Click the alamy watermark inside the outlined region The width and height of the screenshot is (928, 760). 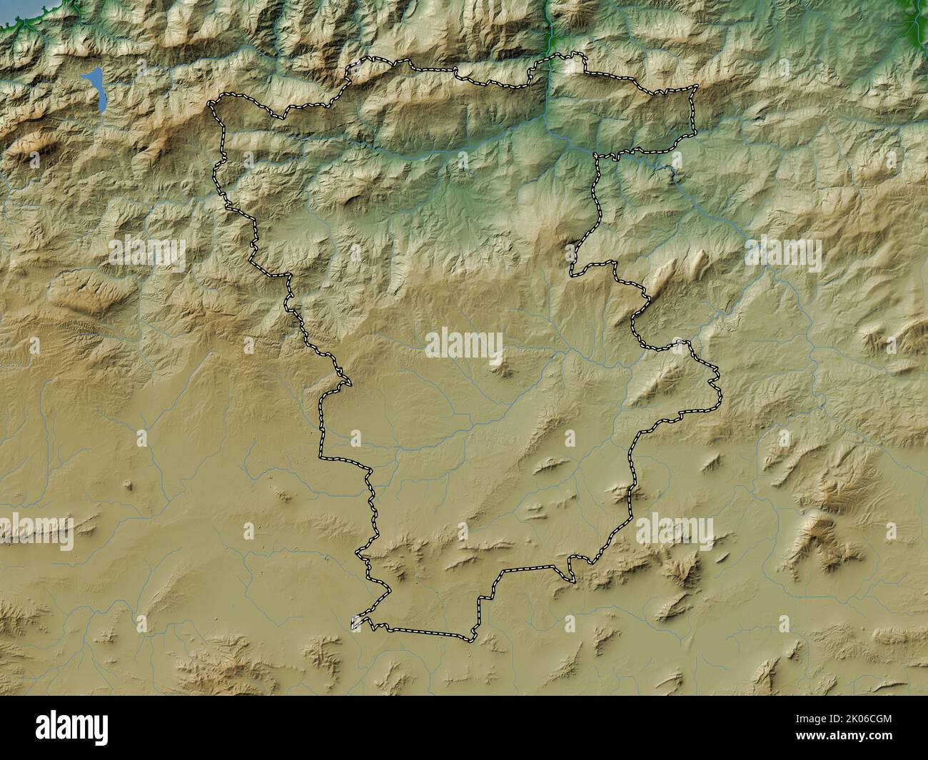[x=464, y=344]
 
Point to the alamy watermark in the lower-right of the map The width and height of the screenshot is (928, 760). [x=674, y=532]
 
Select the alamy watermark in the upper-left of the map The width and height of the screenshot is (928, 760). [x=148, y=251]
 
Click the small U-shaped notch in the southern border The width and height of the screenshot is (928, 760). [x=573, y=569]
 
